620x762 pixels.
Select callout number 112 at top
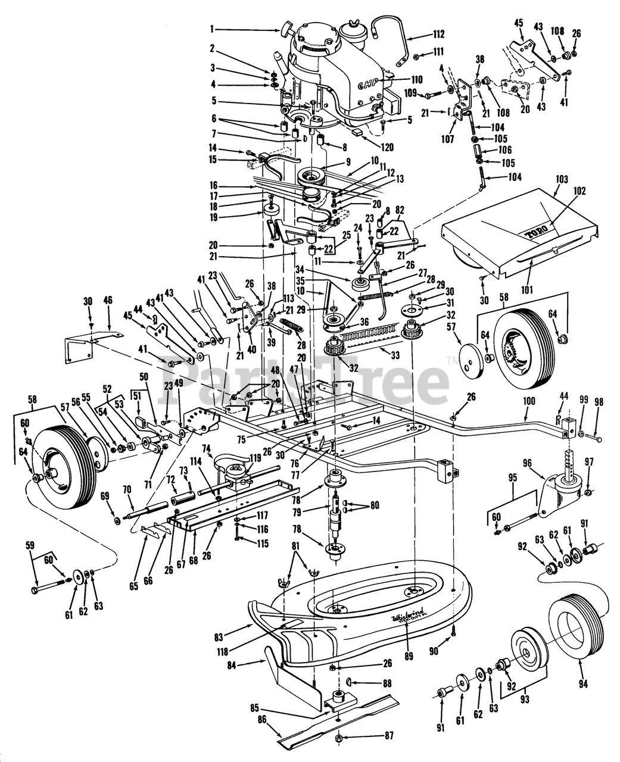(439, 33)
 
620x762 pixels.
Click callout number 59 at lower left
(30, 544)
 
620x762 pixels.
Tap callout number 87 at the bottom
(388, 735)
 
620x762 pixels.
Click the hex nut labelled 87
(338, 738)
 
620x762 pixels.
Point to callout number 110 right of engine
(416, 79)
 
